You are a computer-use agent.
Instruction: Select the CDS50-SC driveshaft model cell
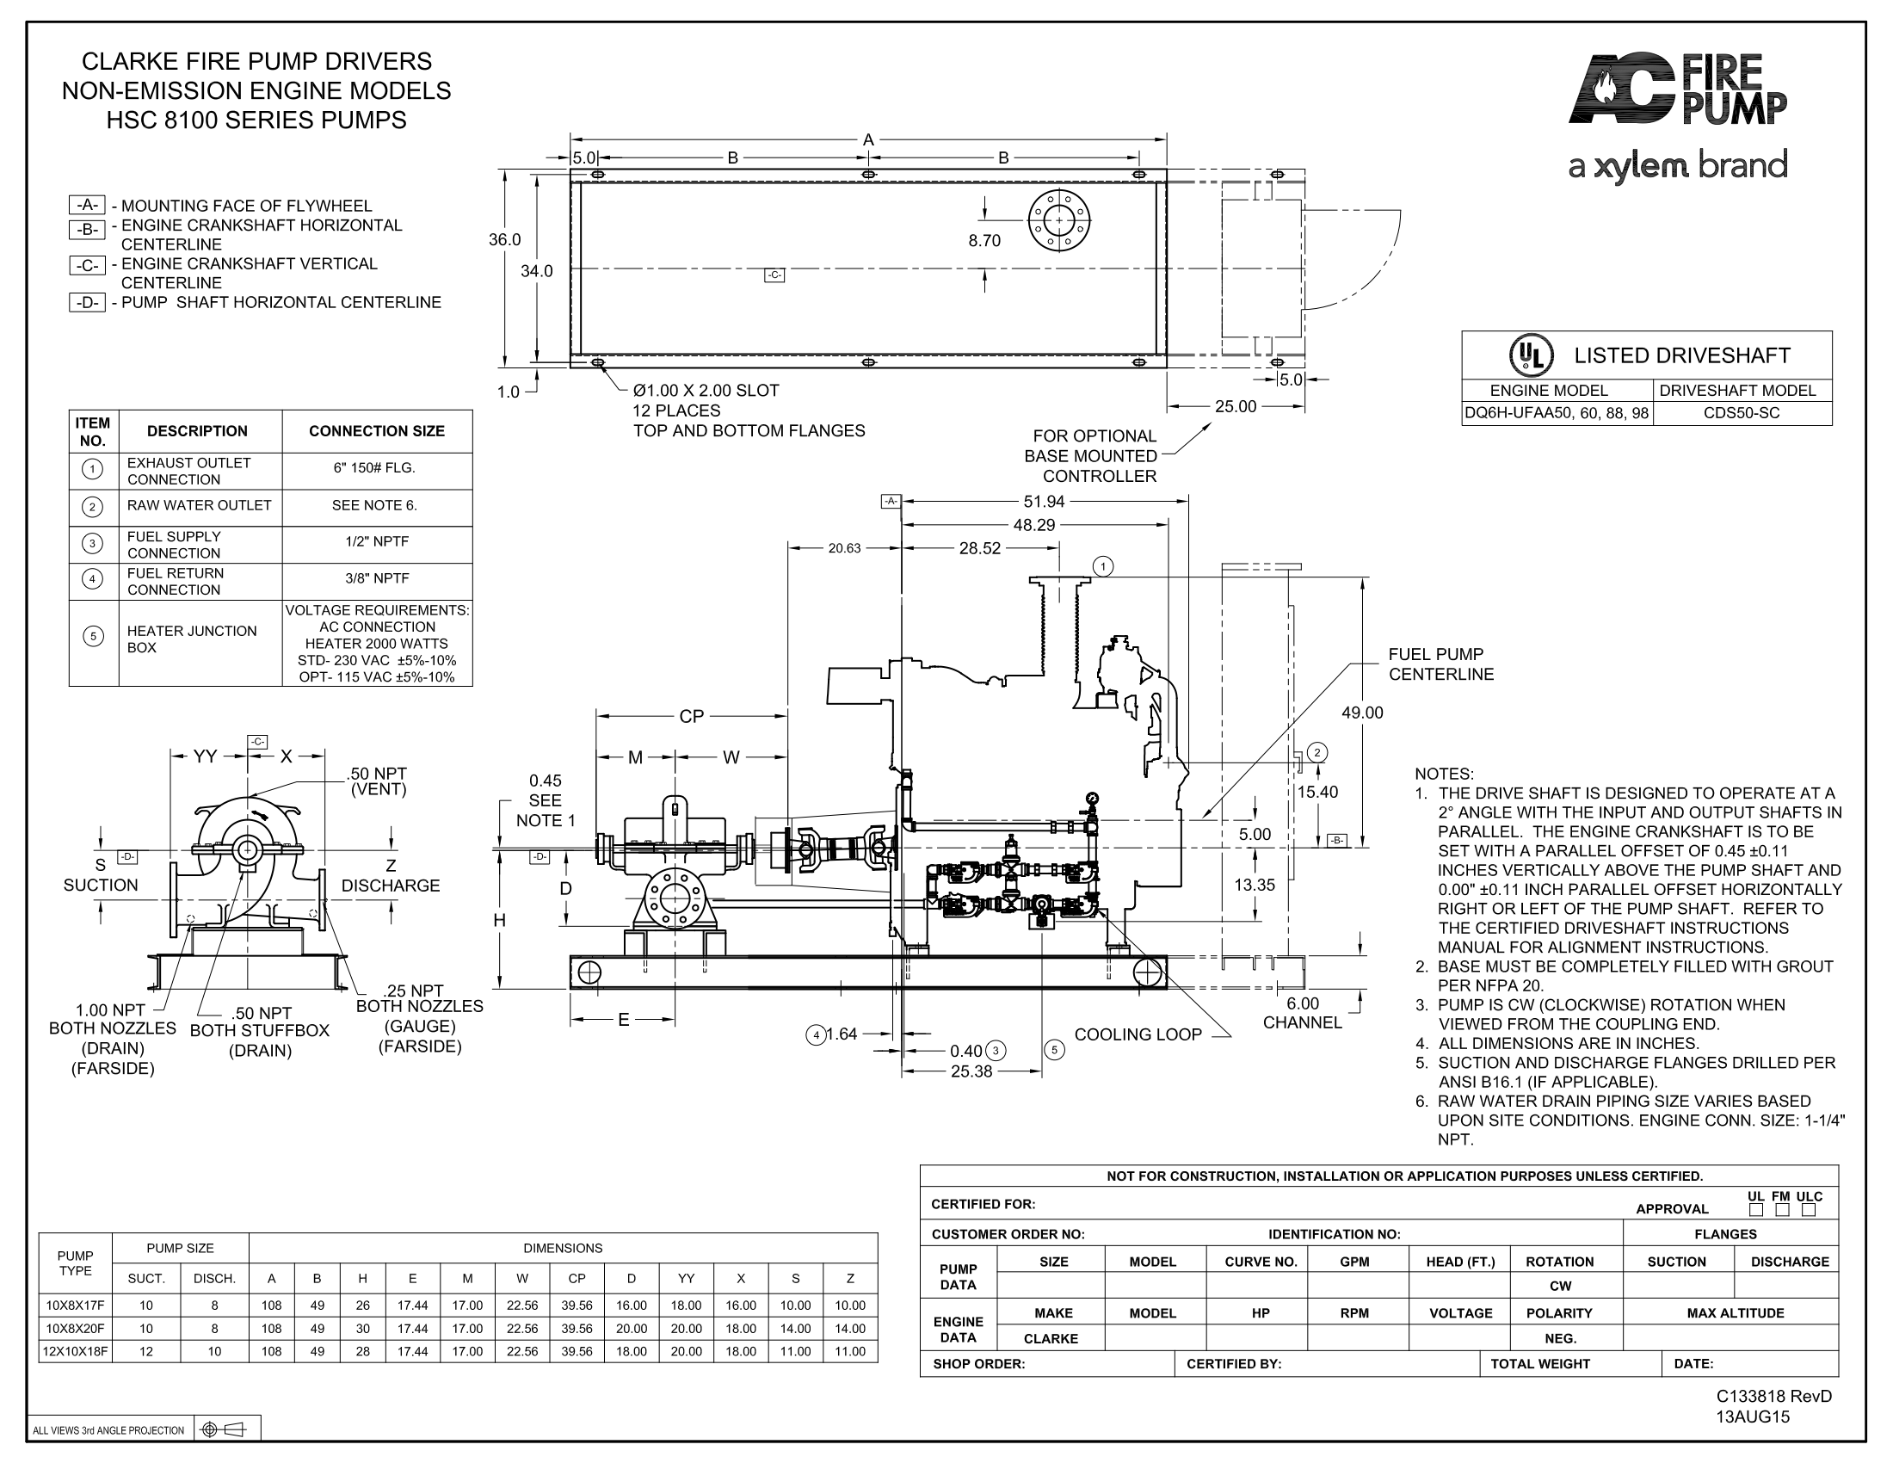1742,413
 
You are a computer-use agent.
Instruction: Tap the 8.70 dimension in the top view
984,241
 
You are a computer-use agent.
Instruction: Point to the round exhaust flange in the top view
1058,221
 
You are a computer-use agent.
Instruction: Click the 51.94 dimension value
1044,502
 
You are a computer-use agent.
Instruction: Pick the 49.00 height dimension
1363,713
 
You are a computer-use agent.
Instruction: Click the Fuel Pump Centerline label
1440,664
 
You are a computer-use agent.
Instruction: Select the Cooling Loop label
1138,1034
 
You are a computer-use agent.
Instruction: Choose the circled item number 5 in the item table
93,636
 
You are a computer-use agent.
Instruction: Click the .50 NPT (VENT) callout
377,781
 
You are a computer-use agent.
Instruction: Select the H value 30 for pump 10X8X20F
362,1328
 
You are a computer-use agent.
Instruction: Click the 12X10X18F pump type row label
76,1351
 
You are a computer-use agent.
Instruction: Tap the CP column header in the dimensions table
577,1278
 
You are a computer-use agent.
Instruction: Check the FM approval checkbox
1781,1209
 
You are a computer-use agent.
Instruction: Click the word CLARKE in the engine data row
1051,1338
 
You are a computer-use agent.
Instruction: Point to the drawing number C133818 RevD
1774,1396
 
